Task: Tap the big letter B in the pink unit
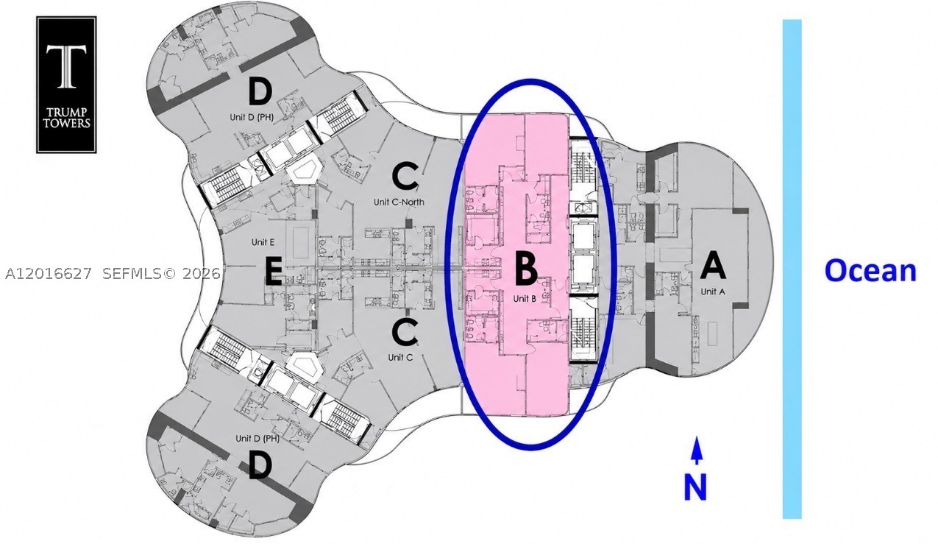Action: click(525, 268)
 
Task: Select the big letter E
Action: click(273, 272)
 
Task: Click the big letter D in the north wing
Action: click(260, 92)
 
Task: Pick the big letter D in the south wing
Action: click(260, 466)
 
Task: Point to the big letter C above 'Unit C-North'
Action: click(405, 177)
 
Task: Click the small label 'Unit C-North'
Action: click(399, 202)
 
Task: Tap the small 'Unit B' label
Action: click(525, 299)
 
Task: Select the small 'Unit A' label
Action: click(713, 292)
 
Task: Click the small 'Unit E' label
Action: click(263, 242)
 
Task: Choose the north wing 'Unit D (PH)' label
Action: click(252, 117)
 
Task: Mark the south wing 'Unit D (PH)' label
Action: click(257, 439)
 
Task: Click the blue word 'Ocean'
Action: click(870, 271)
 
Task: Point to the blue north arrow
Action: click(697, 451)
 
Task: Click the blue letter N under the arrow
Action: click(695, 487)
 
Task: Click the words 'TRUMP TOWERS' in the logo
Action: click(67, 117)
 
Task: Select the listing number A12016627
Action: click(48, 274)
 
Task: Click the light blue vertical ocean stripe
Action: click(792, 269)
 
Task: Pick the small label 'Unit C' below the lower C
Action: click(400, 358)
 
